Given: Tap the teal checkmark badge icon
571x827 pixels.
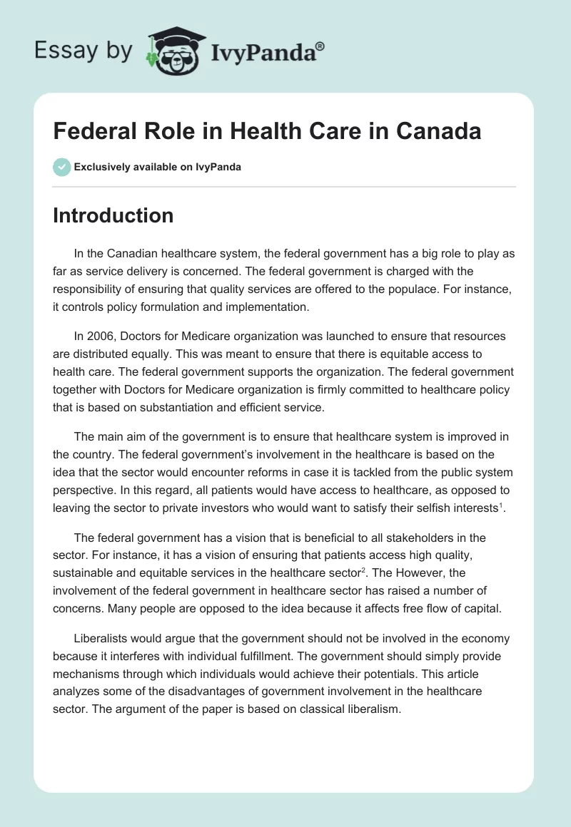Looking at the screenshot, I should point(61,167).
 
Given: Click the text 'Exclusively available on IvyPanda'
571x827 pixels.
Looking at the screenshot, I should point(157,168).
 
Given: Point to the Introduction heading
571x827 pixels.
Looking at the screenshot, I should point(113,215).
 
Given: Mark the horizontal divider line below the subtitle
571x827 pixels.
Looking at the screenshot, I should point(284,187).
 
